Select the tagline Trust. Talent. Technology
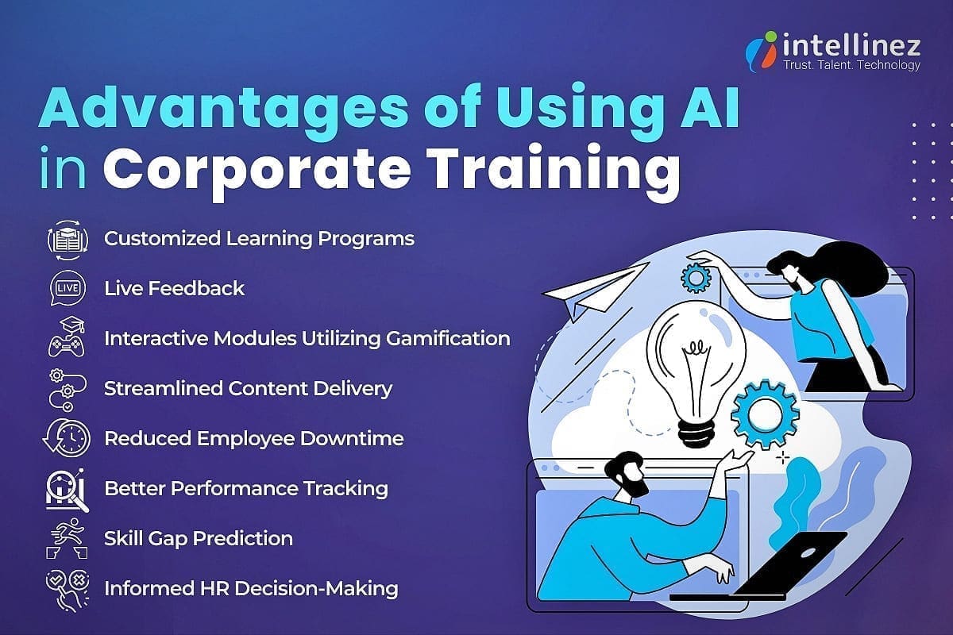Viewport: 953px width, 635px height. (851, 65)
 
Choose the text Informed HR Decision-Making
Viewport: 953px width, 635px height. (251, 588)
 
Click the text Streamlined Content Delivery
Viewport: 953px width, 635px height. (248, 388)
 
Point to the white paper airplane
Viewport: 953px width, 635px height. (596, 290)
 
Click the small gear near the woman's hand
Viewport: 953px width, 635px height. (695, 277)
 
